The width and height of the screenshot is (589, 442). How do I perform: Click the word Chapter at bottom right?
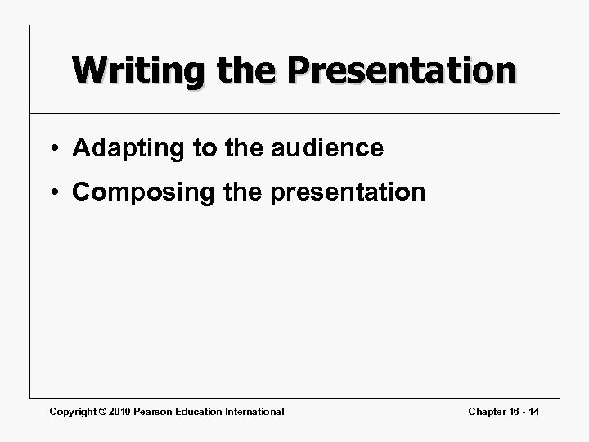(x=488, y=411)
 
